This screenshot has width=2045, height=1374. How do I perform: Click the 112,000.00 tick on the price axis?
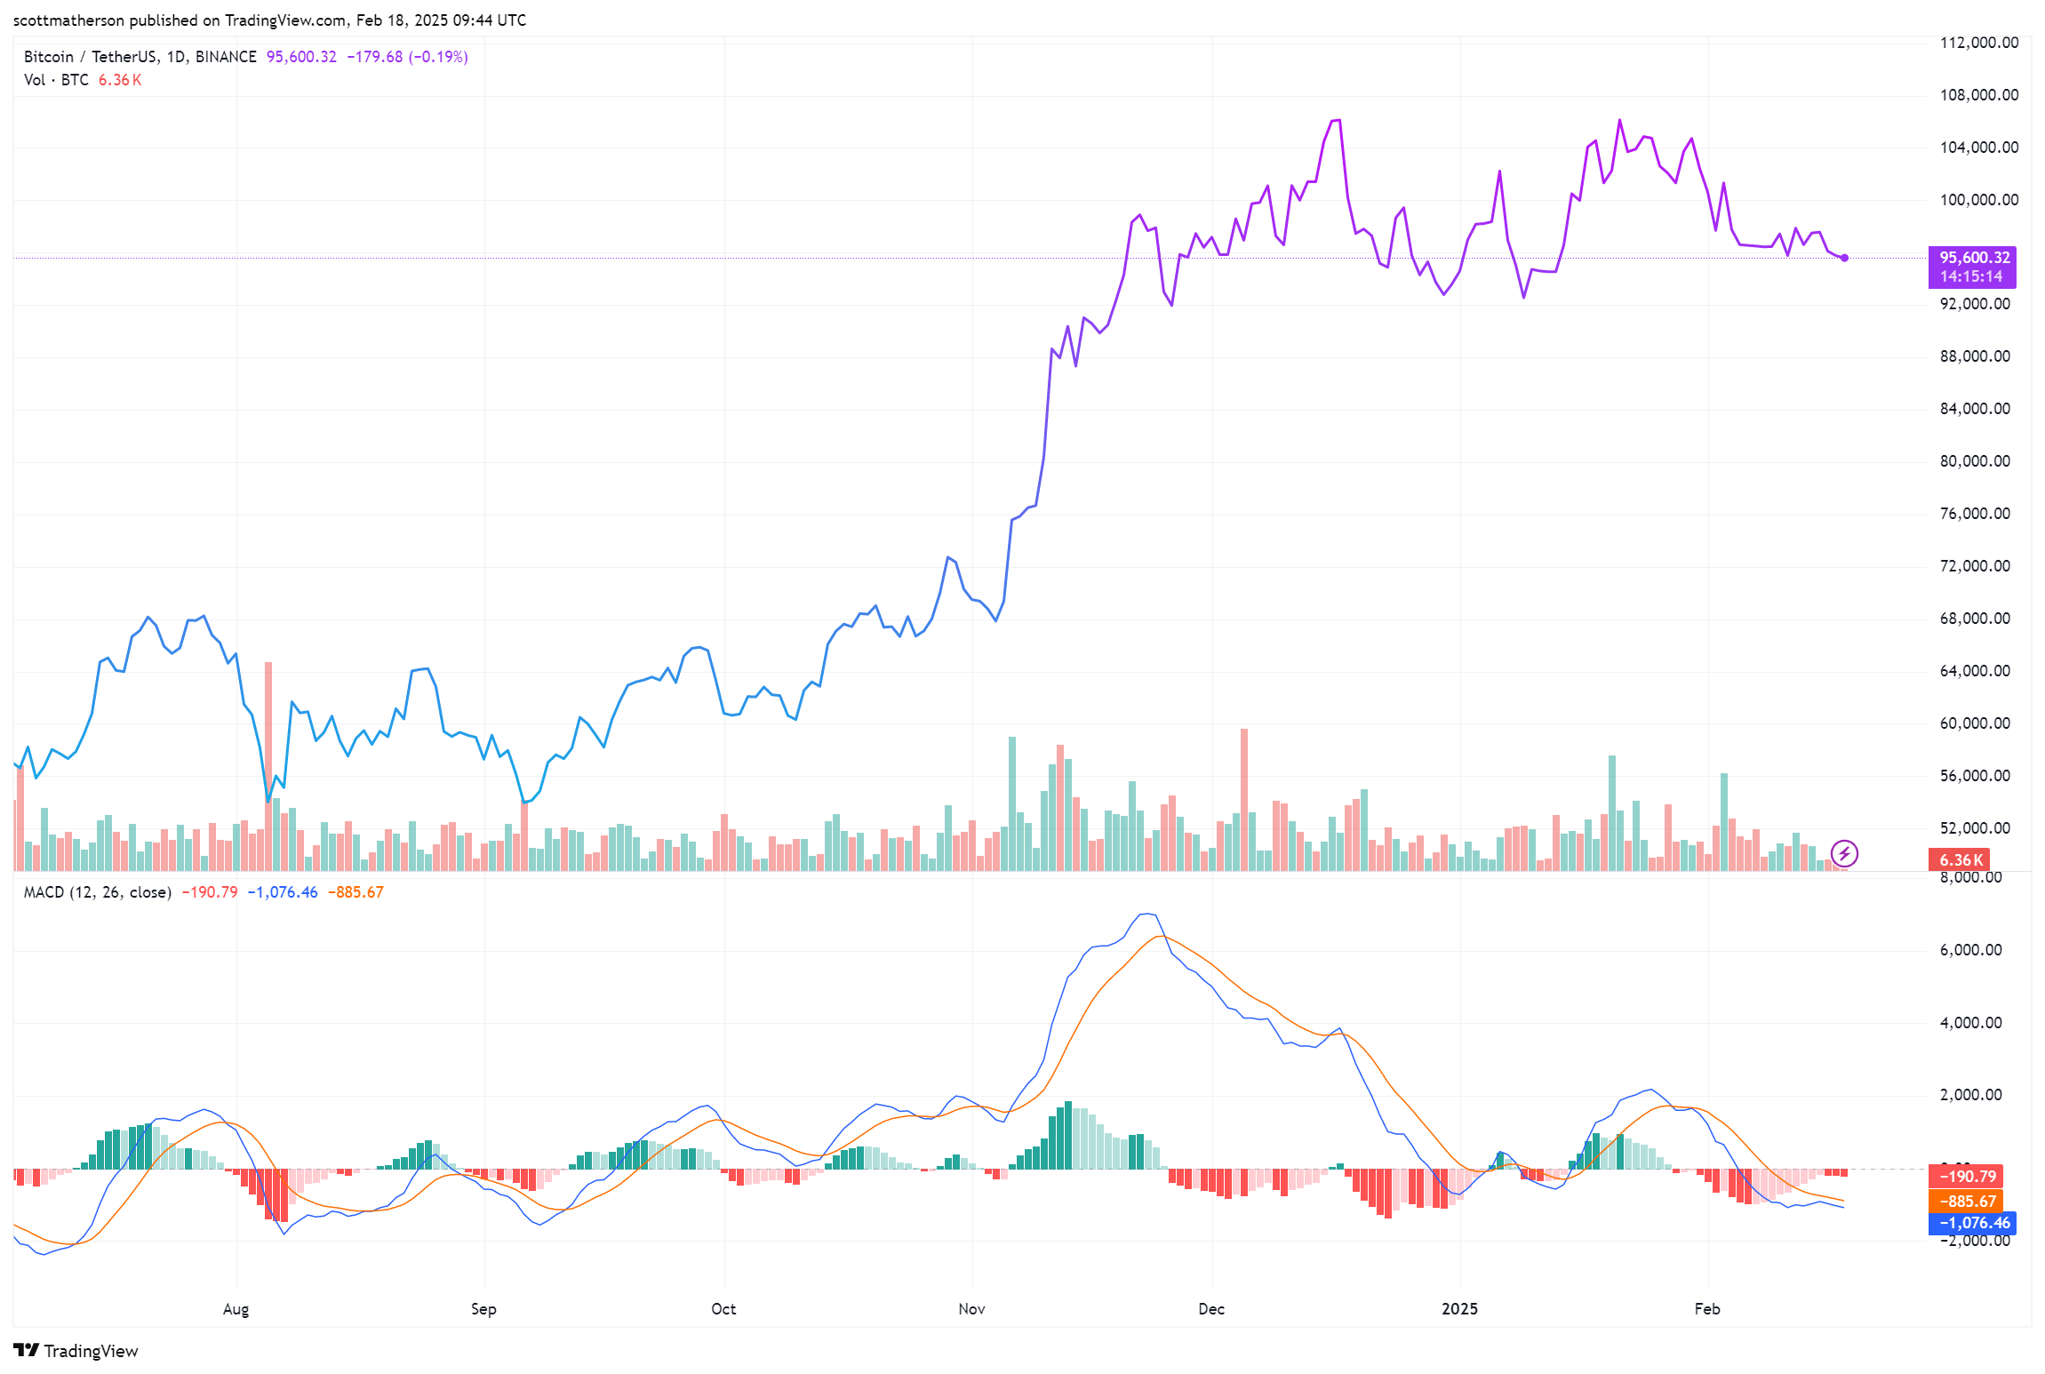point(1978,43)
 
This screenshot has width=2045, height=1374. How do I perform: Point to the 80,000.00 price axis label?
point(1974,461)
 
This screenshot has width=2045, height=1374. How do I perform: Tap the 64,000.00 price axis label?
point(1974,671)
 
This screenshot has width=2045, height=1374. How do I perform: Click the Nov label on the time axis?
point(971,1309)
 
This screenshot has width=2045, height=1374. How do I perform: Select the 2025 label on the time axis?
point(1459,1309)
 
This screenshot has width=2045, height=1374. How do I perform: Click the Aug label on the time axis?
point(236,1309)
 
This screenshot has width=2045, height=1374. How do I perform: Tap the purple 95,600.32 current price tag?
point(1971,267)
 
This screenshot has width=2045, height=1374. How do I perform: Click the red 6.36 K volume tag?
point(1960,860)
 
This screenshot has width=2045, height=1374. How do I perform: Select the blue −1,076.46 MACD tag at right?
point(1971,1223)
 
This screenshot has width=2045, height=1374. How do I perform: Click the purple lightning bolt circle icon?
point(1844,854)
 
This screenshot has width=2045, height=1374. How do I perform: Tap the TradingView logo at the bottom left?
point(76,1351)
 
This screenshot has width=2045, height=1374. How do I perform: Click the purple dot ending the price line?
point(1845,258)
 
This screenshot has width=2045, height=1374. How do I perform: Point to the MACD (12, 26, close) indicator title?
point(97,892)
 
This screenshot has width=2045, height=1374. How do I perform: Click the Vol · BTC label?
point(56,80)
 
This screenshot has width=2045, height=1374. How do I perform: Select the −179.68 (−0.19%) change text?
point(407,57)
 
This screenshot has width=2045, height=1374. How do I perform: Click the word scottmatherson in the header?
point(68,20)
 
